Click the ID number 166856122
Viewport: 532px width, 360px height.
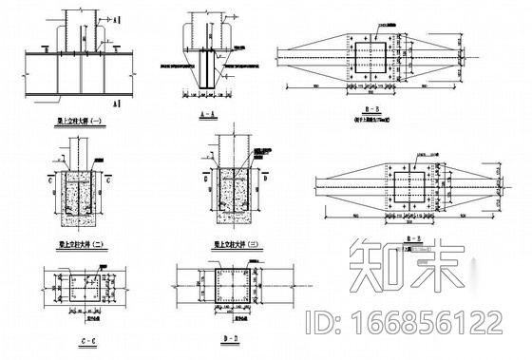coord(425,323)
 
